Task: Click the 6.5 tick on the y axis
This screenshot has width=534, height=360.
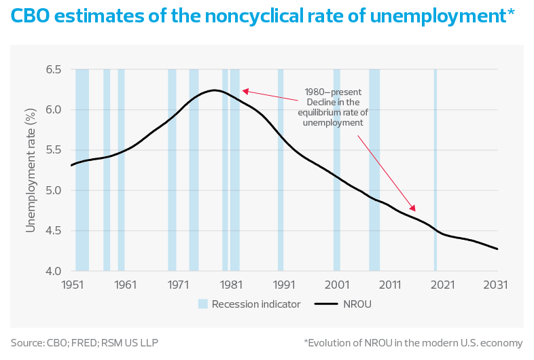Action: click(52, 70)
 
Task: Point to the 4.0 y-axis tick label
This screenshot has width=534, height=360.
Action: click(52, 271)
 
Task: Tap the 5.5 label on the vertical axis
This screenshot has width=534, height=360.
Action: click(52, 150)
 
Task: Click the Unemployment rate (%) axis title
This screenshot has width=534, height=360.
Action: click(31, 170)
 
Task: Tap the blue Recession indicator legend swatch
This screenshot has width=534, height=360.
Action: click(202, 304)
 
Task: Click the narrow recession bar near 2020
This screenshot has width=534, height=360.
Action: click(435, 170)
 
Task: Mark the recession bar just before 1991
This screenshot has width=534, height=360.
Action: click(281, 170)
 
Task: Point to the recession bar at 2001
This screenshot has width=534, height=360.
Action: click(336, 170)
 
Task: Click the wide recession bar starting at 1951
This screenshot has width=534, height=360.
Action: click(82, 170)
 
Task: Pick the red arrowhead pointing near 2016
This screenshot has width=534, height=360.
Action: click(412, 208)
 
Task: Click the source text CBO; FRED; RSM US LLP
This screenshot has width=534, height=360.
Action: click(85, 342)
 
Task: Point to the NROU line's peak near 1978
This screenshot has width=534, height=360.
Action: click(214, 90)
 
